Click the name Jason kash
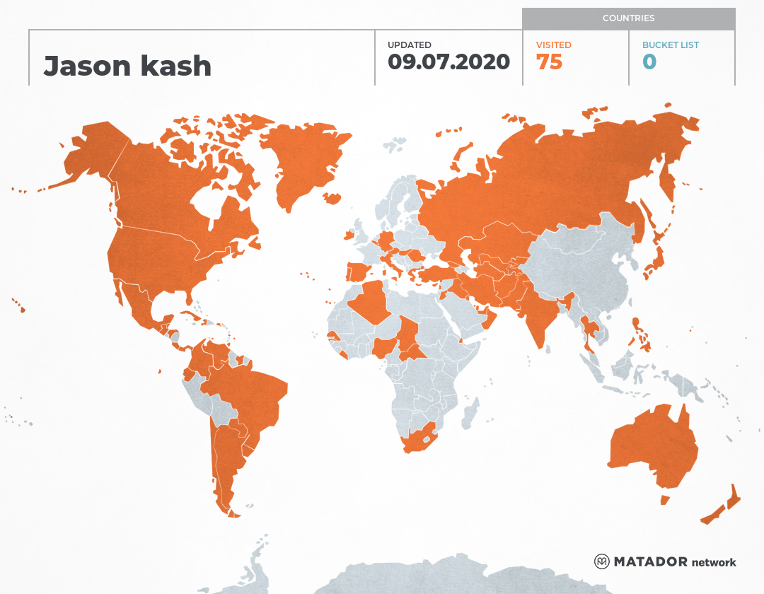click(x=127, y=66)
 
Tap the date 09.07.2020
click(x=448, y=62)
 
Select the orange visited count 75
click(x=549, y=62)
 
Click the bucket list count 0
click(x=649, y=62)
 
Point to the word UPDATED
click(x=409, y=45)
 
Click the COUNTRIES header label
click(x=628, y=18)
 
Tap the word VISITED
click(x=553, y=45)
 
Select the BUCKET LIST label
click(x=670, y=45)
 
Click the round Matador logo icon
click(x=602, y=561)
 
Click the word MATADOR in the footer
click(x=650, y=562)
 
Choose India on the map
click(x=539, y=311)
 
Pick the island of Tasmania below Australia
click(x=664, y=500)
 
